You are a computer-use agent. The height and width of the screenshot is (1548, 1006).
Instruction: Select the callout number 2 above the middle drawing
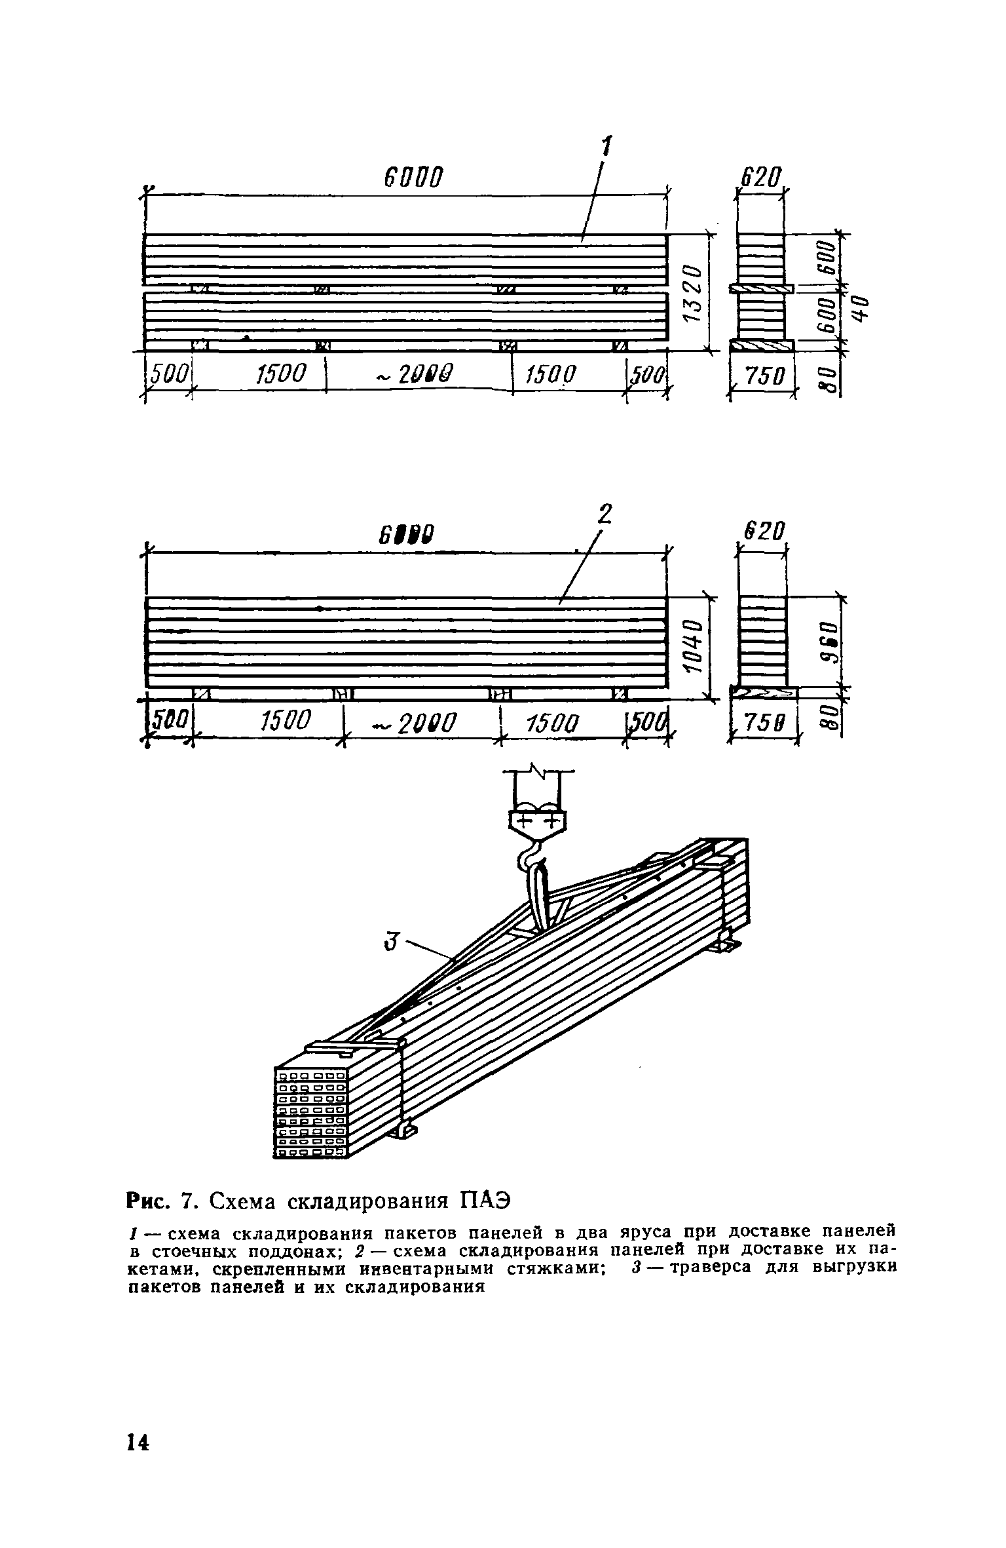[x=605, y=514]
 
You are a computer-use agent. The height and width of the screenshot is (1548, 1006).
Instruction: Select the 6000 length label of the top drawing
[x=413, y=177]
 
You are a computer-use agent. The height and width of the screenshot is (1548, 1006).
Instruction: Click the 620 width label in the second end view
[x=762, y=532]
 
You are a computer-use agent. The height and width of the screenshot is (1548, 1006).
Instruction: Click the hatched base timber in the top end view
[x=762, y=345]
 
